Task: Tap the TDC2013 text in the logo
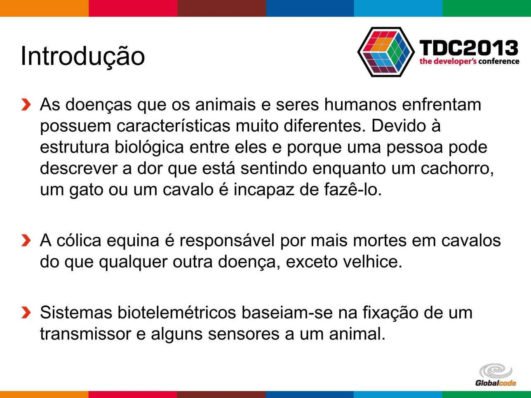pyautogui.click(x=469, y=48)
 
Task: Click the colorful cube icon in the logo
pyautogui.click(x=386, y=52)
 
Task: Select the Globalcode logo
pyautogui.click(x=496, y=375)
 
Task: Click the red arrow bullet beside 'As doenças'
pyautogui.click(x=26, y=105)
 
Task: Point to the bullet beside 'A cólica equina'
pyautogui.click(x=26, y=241)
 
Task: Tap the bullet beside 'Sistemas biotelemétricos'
pyautogui.click(x=26, y=312)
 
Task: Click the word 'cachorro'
pyautogui.click(x=457, y=169)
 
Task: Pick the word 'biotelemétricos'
pyautogui.click(x=176, y=312)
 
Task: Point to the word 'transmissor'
pyautogui.click(x=85, y=334)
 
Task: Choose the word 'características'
pyautogui.click(x=173, y=126)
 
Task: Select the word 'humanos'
pyautogui.click(x=360, y=105)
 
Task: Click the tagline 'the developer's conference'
pyautogui.click(x=469, y=61)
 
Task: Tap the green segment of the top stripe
pyautogui.click(x=487, y=8)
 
